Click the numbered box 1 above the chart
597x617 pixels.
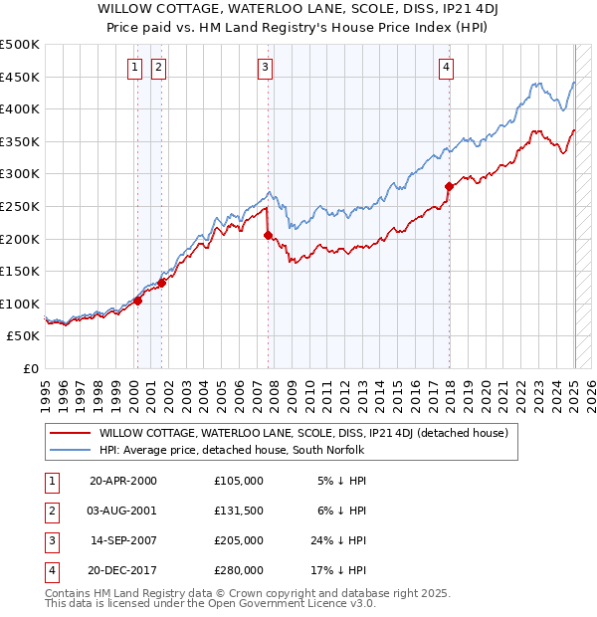133,68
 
